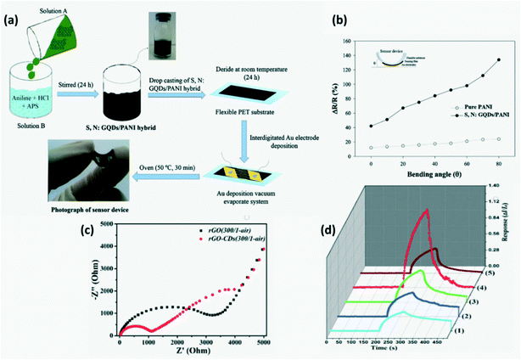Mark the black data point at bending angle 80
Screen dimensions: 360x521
498,59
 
